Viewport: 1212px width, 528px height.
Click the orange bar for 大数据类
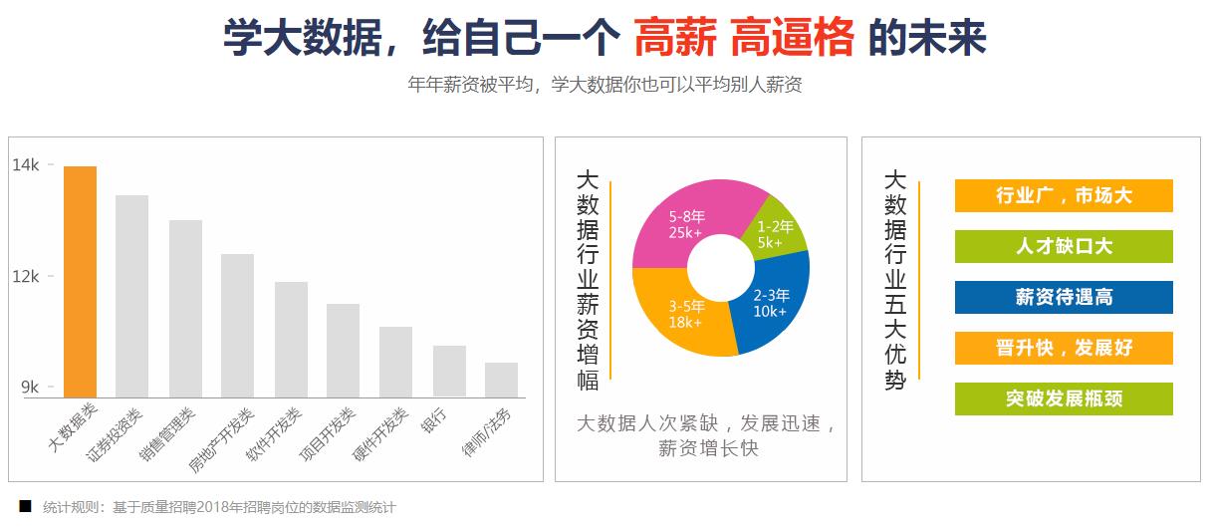click(80, 282)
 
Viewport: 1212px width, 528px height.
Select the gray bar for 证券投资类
click(131, 296)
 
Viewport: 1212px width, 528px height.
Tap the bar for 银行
click(449, 372)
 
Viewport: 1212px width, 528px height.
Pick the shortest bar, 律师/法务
click(501, 380)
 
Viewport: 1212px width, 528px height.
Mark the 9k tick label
click(29, 388)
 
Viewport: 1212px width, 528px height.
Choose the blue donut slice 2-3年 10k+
click(772, 303)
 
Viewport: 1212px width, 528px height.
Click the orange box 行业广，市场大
click(1064, 196)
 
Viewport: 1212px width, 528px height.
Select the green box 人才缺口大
click(1064, 247)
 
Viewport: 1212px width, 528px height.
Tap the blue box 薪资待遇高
click(1064, 298)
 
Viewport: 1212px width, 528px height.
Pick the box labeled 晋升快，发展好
click(1064, 349)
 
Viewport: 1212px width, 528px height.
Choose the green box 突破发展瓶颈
click(1064, 399)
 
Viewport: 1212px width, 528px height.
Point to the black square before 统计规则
click(25, 506)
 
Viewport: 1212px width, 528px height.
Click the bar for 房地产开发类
click(237, 326)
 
